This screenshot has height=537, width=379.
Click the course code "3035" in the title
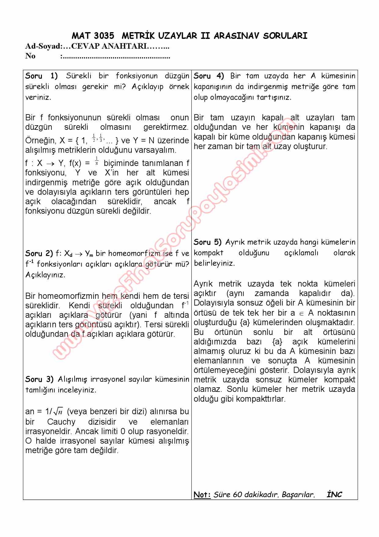[104, 36]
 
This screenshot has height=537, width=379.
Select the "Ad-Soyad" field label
[43, 47]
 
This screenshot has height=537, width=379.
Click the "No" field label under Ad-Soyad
[30, 56]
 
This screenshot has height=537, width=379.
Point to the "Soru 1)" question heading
[42, 76]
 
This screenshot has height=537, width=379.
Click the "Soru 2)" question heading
[39, 253]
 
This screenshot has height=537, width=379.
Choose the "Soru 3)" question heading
[39, 379]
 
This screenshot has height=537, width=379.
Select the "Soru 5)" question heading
[208, 242]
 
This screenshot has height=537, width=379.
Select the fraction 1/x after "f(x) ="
[97, 161]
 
